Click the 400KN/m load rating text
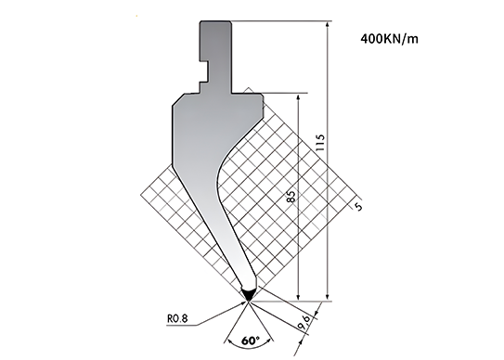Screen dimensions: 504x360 (x=389, y=39)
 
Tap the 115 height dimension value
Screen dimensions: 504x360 (x=320, y=143)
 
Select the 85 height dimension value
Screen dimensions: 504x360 (x=291, y=196)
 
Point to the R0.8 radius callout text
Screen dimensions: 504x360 (x=177, y=318)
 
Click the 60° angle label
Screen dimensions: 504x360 (x=251, y=341)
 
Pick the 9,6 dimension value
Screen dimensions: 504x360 (x=304, y=322)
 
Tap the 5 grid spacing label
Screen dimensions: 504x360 (x=358, y=206)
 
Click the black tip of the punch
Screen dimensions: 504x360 (x=248, y=295)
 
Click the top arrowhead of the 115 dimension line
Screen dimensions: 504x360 (x=328, y=25)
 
